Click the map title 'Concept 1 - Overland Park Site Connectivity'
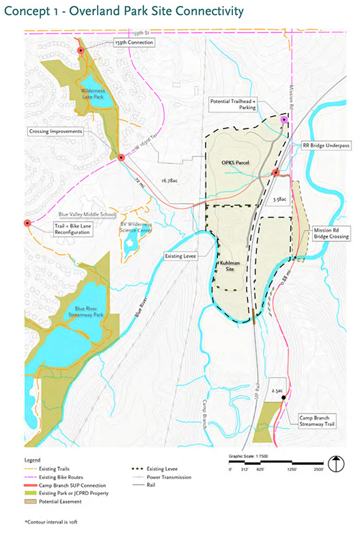123,11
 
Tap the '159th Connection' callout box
135,42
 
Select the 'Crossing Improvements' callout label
55,131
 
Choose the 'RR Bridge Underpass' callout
321,145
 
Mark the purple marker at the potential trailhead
284,120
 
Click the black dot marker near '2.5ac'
283,396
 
